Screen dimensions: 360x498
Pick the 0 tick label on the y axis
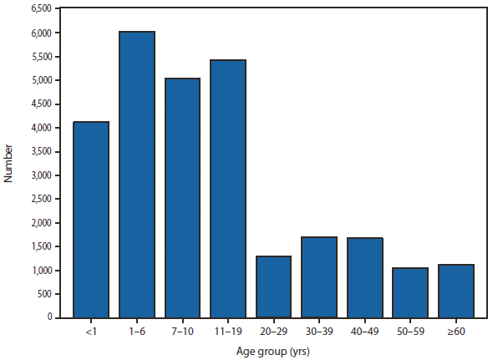(51, 318)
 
